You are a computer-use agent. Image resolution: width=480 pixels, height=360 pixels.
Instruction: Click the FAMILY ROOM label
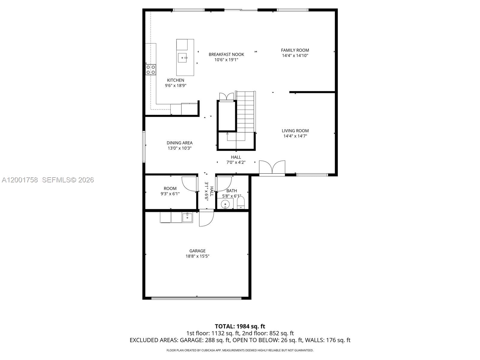tap(295, 50)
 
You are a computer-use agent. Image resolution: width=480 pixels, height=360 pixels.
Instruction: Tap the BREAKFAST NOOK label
tap(226, 54)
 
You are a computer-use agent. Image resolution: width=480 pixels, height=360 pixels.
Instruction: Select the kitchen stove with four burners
tap(151, 70)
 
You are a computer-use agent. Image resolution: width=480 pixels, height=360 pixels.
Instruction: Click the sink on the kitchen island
tap(182, 57)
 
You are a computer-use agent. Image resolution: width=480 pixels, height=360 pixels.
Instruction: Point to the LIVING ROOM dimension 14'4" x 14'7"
tap(295, 136)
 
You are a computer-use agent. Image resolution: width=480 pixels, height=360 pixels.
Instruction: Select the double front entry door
tap(272, 168)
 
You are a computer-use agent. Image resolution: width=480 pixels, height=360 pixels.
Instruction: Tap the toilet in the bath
tap(241, 203)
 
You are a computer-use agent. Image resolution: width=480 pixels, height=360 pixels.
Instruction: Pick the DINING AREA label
tap(179, 143)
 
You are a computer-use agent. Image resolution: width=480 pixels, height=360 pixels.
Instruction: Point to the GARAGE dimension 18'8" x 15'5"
tap(197, 256)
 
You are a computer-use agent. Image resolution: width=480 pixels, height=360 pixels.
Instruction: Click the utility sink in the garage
tap(187, 217)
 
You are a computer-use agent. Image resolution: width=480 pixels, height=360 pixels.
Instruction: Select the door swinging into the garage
tap(206, 218)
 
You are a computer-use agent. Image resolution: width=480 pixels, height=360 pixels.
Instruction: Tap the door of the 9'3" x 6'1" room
tap(189, 184)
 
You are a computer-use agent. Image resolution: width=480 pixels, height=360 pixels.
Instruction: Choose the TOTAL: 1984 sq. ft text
tap(240, 326)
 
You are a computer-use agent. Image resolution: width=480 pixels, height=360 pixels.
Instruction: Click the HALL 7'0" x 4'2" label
tap(236, 160)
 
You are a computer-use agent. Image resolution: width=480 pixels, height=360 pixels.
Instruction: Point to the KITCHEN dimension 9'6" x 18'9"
tap(175, 85)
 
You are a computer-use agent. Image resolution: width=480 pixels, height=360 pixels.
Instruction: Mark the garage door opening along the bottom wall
tap(196, 298)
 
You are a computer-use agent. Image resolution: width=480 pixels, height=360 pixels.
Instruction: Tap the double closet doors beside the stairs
tap(226, 97)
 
